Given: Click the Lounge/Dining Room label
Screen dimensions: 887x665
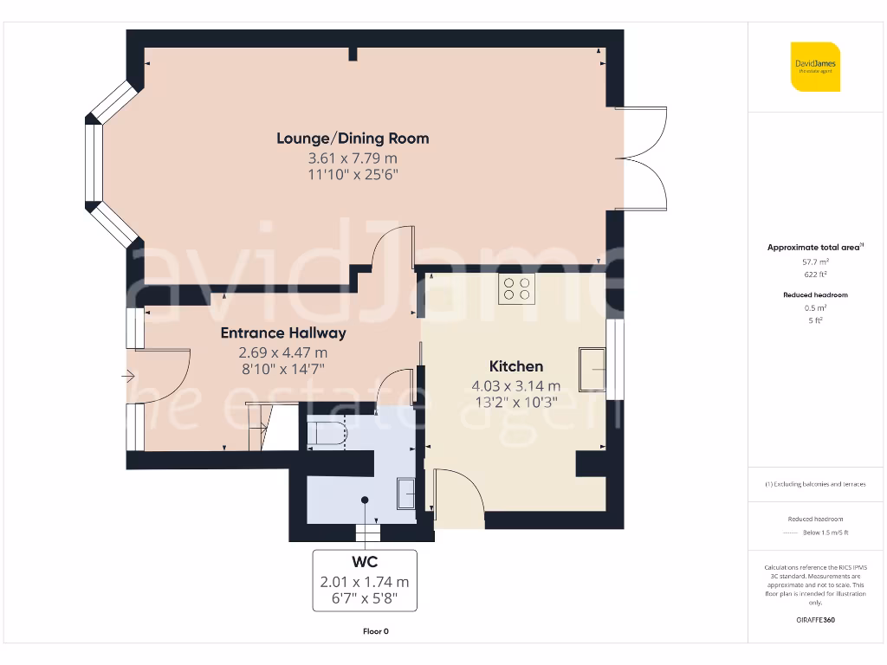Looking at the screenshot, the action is click(353, 139).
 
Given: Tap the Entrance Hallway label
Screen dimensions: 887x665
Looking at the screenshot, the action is click(283, 332).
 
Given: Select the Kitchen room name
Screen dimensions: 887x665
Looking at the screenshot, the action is click(516, 366).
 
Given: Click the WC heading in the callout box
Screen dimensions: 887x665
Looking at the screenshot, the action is click(365, 561).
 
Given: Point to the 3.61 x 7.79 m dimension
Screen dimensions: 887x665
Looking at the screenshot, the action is click(353, 158).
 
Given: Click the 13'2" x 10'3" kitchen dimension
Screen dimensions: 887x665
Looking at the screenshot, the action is click(516, 402).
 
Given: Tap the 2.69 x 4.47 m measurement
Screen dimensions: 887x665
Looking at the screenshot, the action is click(283, 352).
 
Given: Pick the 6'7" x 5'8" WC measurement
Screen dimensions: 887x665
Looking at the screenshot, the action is click(365, 597).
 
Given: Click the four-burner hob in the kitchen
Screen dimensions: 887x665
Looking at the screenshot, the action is click(516, 288).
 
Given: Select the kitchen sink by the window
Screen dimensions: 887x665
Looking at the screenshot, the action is click(592, 369).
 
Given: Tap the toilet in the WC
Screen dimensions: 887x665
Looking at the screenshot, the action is click(326, 434).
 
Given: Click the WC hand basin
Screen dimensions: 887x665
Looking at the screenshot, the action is click(406, 494).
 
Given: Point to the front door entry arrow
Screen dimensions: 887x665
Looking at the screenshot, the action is click(127, 376).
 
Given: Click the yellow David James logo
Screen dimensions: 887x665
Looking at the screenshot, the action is click(815, 67).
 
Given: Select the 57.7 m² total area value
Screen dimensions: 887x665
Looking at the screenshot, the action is click(815, 261).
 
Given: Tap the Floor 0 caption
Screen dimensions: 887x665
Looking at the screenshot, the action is click(376, 631).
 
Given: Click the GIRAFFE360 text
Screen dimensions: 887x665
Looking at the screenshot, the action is click(815, 620).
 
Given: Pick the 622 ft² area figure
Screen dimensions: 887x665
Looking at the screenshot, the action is click(815, 274).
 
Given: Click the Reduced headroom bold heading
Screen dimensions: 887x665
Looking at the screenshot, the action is click(815, 294).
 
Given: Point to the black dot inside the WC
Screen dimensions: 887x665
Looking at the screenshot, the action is click(365, 500).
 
